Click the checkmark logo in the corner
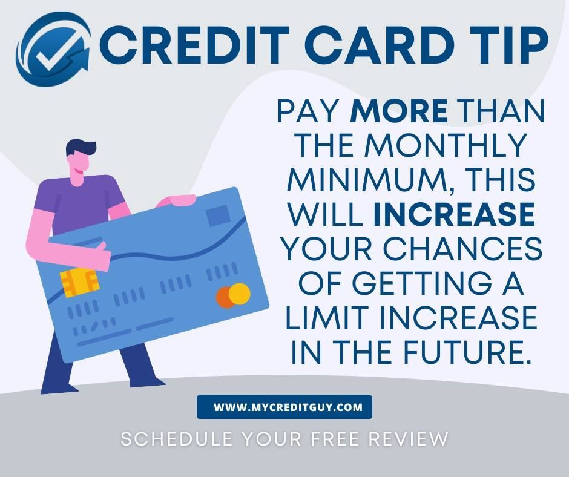[53, 50]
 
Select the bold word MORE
[399, 111]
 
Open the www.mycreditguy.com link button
[284, 407]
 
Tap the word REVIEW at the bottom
[408, 438]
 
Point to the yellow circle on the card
[240, 293]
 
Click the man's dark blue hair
[80, 148]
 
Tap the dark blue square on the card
[218, 215]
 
